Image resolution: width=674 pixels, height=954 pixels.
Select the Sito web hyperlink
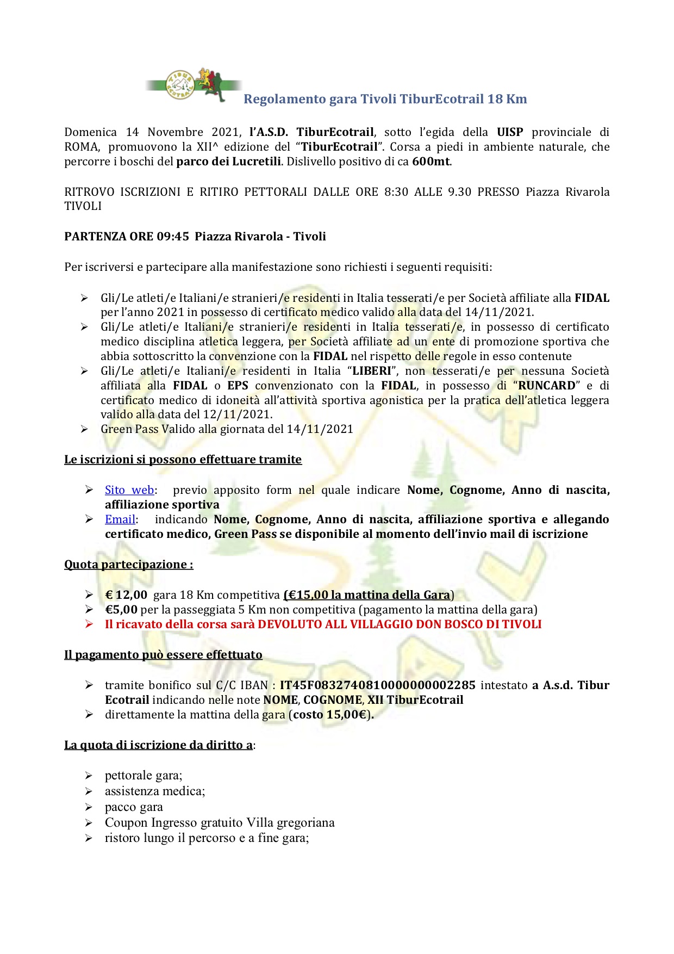[x=129, y=490]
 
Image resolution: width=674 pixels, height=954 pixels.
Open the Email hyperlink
[x=120, y=519]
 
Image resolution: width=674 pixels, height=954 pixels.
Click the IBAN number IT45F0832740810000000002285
[x=377, y=685]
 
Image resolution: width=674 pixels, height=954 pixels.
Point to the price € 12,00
[x=126, y=595]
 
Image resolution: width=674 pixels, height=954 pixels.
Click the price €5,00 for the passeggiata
[x=121, y=610]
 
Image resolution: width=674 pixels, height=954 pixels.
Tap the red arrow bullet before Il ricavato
[x=90, y=624]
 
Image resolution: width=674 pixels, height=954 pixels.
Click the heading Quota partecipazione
[x=128, y=565]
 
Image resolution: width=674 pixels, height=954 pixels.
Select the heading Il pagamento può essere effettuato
[x=163, y=655]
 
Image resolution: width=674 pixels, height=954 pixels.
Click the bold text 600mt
[x=432, y=162]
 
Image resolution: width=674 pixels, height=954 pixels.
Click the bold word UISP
[x=510, y=132]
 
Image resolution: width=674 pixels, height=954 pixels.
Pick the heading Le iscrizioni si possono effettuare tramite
[x=183, y=460]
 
